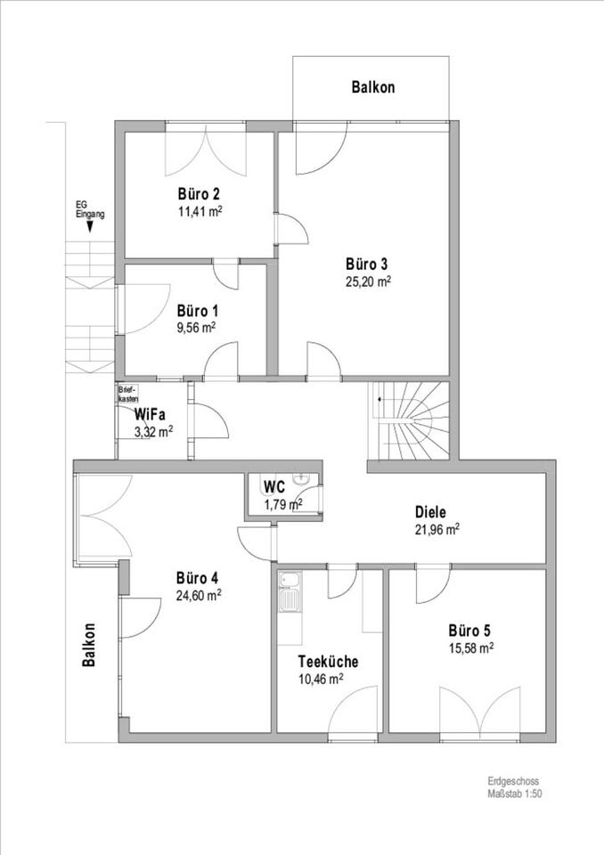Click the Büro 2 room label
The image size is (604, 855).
click(x=199, y=193)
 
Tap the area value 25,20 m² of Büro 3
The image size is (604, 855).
click(x=369, y=281)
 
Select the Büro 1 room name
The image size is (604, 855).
click(x=198, y=311)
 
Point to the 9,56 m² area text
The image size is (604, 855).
click(x=196, y=328)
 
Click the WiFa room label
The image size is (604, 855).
click(x=150, y=414)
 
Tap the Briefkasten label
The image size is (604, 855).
click(x=129, y=394)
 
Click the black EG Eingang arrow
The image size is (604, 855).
click(x=89, y=229)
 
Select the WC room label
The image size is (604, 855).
click(x=274, y=486)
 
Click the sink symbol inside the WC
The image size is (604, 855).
click(x=301, y=479)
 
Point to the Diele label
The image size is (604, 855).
click(x=430, y=512)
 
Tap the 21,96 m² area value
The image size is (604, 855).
click(x=437, y=529)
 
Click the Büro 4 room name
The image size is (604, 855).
click(x=198, y=577)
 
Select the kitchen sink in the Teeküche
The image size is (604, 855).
click(x=290, y=594)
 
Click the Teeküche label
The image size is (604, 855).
click(x=328, y=662)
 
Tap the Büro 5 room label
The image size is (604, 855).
click(x=469, y=631)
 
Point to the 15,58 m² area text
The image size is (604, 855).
click(x=471, y=647)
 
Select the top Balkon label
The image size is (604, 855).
click(x=373, y=87)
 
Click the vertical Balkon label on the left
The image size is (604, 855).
click(x=89, y=645)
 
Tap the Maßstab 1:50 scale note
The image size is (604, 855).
click(x=515, y=794)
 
